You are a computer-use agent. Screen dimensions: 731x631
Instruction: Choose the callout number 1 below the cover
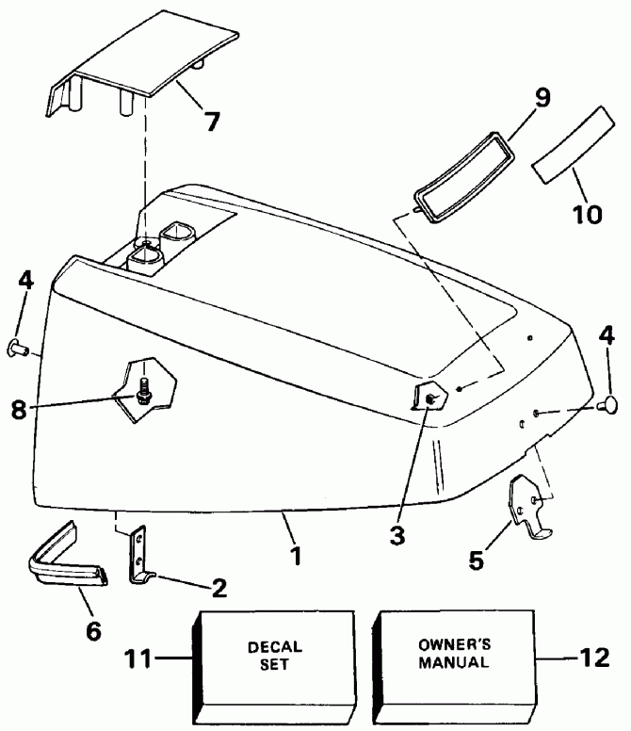click(x=296, y=556)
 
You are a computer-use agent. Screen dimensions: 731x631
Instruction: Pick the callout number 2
click(x=218, y=590)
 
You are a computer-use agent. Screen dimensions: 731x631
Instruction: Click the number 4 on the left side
click(x=25, y=281)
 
